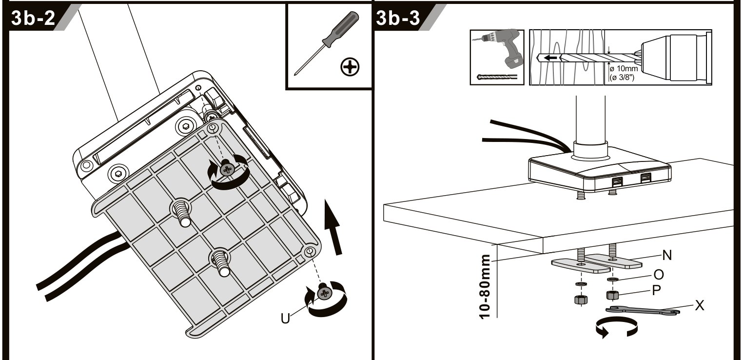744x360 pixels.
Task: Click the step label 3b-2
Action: (33, 18)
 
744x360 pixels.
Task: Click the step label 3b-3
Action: (398, 18)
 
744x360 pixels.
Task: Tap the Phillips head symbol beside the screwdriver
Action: (350, 67)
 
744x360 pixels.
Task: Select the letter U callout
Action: (285, 319)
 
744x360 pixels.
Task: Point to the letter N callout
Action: (667, 255)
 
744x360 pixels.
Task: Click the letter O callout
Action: (659, 275)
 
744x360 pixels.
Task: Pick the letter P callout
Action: (656, 291)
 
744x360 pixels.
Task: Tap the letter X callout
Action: (700, 305)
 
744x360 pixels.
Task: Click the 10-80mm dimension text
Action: (485, 286)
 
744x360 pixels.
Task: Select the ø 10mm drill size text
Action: (624, 69)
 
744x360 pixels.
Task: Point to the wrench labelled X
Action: (643, 310)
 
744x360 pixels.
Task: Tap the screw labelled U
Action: (324, 293)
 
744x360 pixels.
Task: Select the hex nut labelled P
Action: (612, 295)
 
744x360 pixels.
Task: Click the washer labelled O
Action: (612, 279)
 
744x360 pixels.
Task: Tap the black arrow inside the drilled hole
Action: (551, 58)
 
